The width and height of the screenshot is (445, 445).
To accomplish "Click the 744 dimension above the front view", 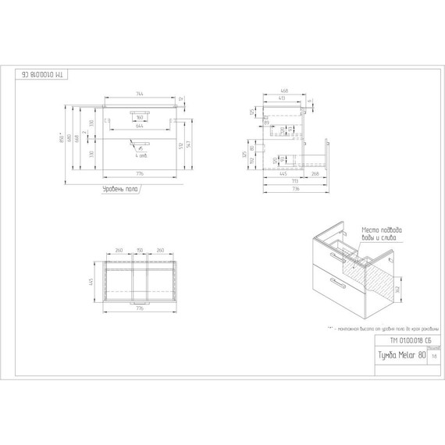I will [141, 94].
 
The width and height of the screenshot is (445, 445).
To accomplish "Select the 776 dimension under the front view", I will [141, 174].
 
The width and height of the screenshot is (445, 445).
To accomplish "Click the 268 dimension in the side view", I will [312, 174].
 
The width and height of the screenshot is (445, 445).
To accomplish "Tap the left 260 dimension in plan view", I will [119, 250].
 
